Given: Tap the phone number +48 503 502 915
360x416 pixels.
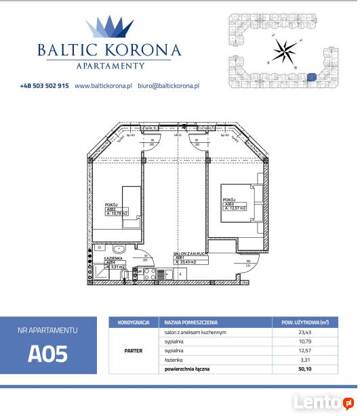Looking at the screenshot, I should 44,86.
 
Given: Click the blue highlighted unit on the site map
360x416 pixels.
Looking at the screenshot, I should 311,78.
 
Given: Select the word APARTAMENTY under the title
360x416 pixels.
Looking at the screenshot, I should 108,66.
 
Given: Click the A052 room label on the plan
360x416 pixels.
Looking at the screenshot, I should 111,210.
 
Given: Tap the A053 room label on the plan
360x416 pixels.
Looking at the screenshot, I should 229,204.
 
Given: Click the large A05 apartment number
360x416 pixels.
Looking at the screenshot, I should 48,354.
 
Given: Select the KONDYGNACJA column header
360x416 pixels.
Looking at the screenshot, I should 133,323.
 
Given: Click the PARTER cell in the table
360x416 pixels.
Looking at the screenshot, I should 133,352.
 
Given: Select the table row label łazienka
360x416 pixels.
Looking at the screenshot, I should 176,360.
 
